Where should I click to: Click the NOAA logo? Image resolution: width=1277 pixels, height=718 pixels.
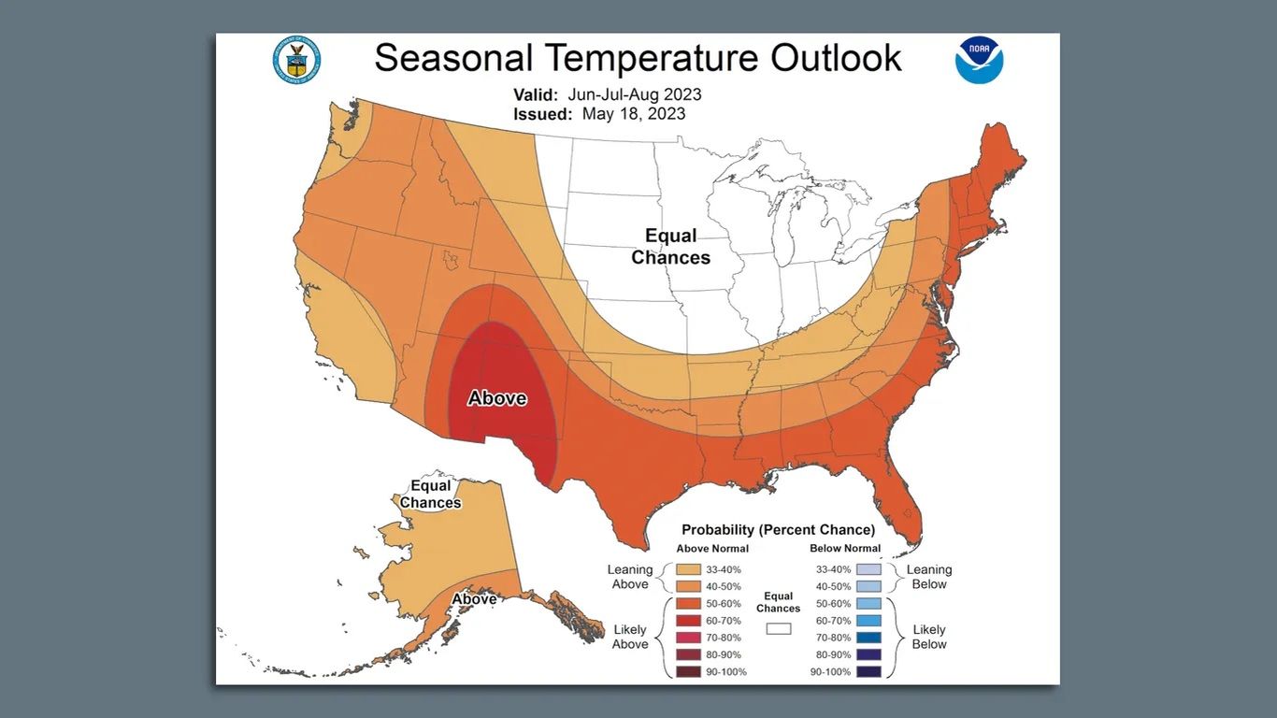tap(979, 61)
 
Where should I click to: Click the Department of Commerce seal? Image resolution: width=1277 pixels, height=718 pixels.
tap(297, 60)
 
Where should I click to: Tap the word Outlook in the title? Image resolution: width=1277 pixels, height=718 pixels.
tap(836, 57)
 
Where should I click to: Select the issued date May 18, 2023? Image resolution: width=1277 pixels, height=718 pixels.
tap(633, 114)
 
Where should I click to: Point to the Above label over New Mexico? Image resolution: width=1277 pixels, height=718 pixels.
tap(496, 398)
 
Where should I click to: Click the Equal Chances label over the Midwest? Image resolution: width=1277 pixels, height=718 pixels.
tap(670, 247)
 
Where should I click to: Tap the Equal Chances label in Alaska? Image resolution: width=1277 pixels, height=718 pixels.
tap(431, 494)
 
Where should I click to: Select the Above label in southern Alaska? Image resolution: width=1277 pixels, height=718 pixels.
tap(474, 598)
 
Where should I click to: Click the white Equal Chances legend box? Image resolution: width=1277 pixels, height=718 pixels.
tap(778, 629)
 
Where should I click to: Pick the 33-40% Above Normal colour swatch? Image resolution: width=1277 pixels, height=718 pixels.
tap(688, 569)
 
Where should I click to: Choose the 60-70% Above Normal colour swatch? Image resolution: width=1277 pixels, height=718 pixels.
tap(688, 621)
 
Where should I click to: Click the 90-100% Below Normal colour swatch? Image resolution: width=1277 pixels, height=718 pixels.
tap(868, 672)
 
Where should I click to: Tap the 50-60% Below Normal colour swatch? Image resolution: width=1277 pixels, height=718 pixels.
tap(868, 604)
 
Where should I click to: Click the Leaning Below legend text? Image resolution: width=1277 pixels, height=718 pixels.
tap(928, 577)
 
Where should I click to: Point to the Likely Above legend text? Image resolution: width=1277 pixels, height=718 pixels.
tap(630, 637)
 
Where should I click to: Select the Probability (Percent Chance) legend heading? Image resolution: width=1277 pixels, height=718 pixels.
tap(778, 529)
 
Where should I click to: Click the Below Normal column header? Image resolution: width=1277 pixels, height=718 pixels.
tap(845, 549)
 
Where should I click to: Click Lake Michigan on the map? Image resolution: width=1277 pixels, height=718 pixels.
tap(788, 237)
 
